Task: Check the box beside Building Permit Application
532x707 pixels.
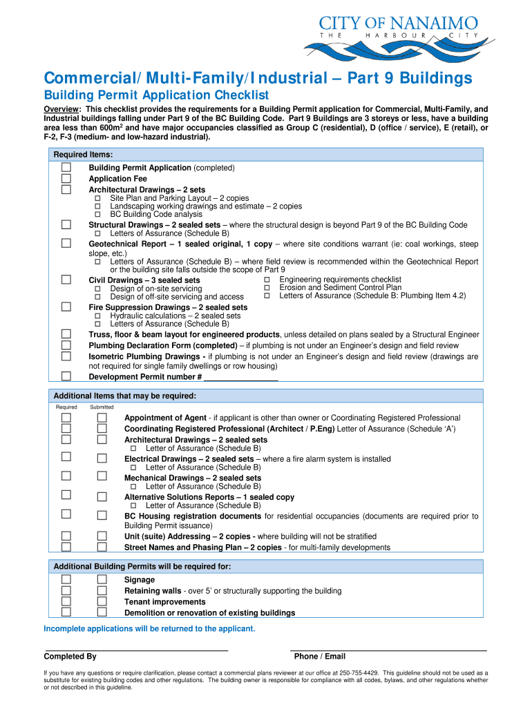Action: click(66, 168)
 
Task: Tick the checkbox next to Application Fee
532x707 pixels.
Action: click(66, 179)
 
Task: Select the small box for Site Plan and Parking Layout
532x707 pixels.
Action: click(97, 198)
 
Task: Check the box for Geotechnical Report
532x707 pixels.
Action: click(66, 244)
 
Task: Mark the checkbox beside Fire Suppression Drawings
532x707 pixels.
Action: click(66, 307)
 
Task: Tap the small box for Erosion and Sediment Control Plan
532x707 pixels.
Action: click(267, 287)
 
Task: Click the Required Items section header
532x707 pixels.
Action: click(83, 155)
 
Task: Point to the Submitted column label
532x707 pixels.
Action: click(102, 407)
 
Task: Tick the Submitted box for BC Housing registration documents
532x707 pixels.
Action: click(102, 516)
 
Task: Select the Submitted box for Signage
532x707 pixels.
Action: click(102, 580)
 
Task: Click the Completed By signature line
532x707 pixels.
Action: click(136, 649)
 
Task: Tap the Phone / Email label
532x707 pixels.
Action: click(319, 657)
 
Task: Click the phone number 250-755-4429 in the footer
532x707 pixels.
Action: click(359, 672)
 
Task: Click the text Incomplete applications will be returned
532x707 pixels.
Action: click(149, 628)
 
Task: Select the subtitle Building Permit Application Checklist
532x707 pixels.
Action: click(156, 95)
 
